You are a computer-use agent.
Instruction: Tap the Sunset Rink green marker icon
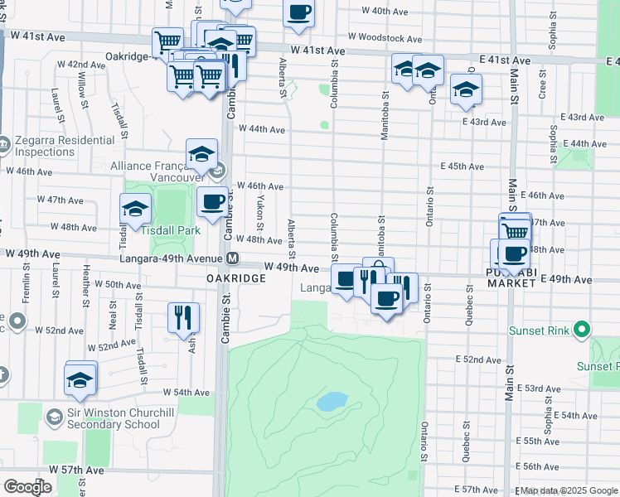coord(583,330)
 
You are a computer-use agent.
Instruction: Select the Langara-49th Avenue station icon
coord(234,258)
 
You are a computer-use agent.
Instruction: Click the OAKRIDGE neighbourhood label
coord(236,279)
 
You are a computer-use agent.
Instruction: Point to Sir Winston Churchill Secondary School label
coord(104,419)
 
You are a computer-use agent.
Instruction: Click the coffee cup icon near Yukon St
coord(212,200)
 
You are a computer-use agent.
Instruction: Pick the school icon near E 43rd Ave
coord(466,89)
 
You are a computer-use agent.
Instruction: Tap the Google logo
coord(27,487)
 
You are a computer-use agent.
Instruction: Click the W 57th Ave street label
coord(76,470)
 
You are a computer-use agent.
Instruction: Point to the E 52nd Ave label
coord(479,359)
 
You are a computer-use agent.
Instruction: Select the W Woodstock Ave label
coord(386,38)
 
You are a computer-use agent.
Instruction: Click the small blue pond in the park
coord(332,401)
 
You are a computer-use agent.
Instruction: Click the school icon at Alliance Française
coord(201,153)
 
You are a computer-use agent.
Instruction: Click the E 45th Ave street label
coord(463,166)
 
